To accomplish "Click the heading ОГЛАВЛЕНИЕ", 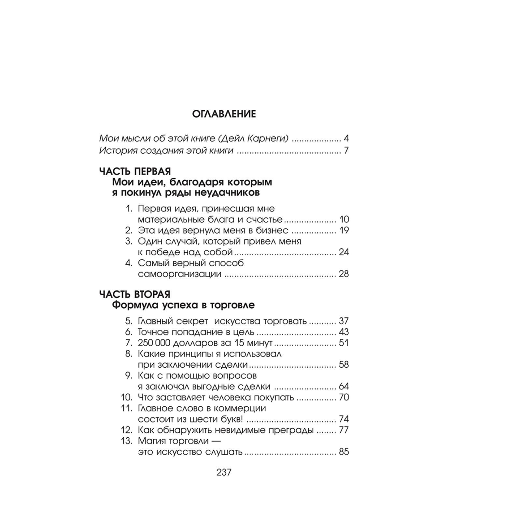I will [x=224, y=114].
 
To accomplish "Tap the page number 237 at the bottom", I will [x=224, y=472].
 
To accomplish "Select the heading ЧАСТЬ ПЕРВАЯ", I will [x=135, y=171].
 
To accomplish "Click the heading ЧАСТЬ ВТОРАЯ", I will [x=134, y=294].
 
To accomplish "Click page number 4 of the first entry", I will [x=346, y=138].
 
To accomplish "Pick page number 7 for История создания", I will [x=346, y=150].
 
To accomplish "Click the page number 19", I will [x=344, y=231].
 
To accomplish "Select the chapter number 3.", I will [x=128, y=242].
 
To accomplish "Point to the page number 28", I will [x=344, y=274].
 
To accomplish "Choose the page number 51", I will [x=344, y=343].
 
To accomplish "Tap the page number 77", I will [x=344, y=430].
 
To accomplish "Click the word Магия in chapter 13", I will [x=152, y=441].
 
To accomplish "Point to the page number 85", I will [x=344, y=452].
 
